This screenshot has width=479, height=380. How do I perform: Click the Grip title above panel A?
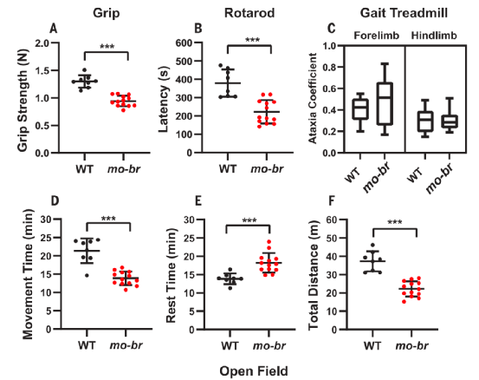coord(107,14)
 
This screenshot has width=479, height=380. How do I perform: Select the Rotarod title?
coord(249,13)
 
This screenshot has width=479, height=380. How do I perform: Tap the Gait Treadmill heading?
coord(404,13)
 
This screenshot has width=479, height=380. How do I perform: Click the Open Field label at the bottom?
coord(254,371)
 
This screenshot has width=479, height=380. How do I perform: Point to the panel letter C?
coord(332,29)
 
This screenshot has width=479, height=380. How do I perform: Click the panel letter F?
coord(331,201)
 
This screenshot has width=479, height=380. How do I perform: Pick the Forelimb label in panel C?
coord(376,36)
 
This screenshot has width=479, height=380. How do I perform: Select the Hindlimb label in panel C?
coord(434,36)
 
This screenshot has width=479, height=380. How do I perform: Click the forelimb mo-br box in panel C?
coord(385,104)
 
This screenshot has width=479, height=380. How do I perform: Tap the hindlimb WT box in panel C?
coord(425,121)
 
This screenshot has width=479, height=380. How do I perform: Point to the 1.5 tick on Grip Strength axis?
coord(42,70)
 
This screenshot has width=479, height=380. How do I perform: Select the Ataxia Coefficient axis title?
coord(312,98)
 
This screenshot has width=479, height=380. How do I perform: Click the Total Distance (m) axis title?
coord(314,275)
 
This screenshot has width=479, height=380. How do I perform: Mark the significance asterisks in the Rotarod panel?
coord(253,40)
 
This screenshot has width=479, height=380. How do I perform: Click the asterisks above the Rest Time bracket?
coord(249,220)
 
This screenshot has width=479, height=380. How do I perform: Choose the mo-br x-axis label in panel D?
coord(126,346)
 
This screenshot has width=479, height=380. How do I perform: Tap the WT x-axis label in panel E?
coord(230,346)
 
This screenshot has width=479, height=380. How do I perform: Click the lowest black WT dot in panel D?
coord(87,276)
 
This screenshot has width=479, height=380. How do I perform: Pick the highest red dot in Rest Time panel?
coord(269,242)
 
